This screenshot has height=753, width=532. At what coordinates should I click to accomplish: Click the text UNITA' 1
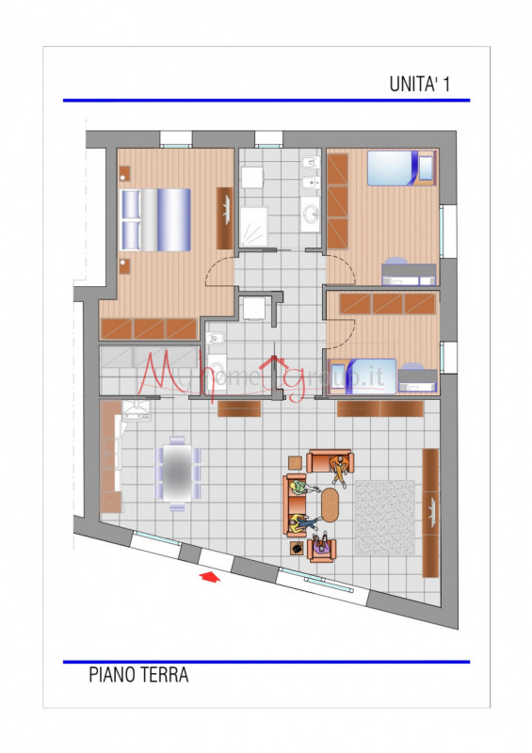click(x=420, y=84)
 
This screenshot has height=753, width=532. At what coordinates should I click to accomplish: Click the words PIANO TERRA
click(x=138, y=675)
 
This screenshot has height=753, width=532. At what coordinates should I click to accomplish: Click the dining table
click(x=176, y=471)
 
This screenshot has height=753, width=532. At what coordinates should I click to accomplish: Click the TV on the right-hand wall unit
click(x=431, y=512)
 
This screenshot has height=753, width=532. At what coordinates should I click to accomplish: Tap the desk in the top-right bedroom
click(x=408, y=274)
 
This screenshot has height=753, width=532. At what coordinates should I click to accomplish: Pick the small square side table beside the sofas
click(x=295, y=462)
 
